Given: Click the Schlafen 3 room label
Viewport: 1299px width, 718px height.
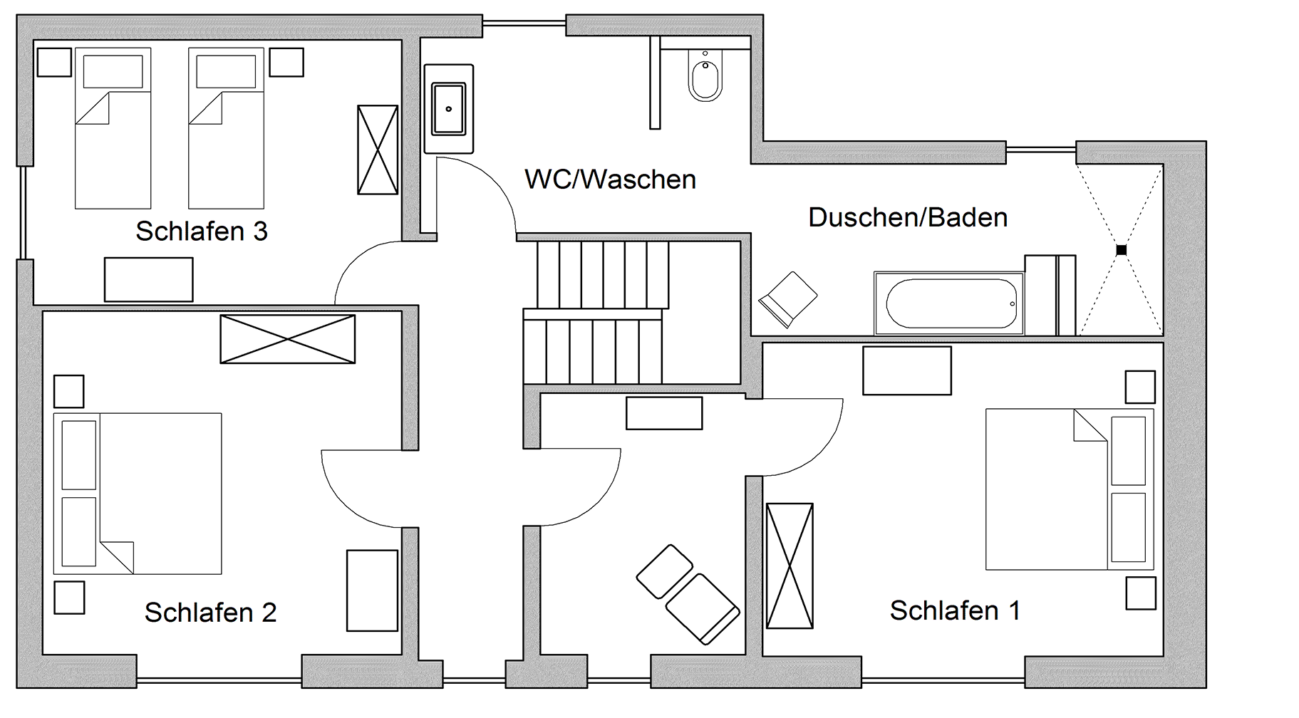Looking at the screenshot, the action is point(202,231).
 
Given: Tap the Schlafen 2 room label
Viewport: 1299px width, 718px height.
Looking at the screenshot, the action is point(210,613).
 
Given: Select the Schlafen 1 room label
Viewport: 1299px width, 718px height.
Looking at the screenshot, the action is point(955,610).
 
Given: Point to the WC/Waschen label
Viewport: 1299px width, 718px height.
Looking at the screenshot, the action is point(610,179).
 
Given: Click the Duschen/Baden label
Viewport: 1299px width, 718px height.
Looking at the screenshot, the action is point(908,217).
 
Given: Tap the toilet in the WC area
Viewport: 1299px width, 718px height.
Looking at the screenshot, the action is point(705,75).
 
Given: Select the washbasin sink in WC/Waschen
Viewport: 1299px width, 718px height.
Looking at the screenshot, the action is point(449,109).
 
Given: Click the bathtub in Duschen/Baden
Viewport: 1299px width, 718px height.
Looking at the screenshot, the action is point(949,303).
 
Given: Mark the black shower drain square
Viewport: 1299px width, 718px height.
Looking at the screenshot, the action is point(1121,250).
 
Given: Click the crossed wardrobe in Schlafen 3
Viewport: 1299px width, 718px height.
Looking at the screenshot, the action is point(378,150).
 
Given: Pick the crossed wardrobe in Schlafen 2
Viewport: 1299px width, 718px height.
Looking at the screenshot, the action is point(288,339).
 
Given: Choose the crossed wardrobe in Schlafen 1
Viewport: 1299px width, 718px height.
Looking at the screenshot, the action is point(790,566).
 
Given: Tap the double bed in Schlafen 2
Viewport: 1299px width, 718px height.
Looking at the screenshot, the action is point(138,494).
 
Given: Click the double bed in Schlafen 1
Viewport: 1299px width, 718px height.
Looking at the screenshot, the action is point(1070,489).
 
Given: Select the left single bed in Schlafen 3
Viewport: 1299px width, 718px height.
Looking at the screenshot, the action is point(113,128).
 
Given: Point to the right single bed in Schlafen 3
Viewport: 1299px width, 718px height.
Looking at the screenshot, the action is point(227,128).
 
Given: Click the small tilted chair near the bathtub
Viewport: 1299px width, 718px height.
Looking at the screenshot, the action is point(788,299).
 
